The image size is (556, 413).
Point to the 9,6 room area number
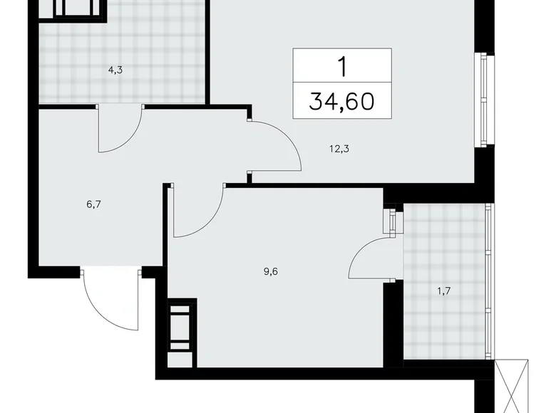271,271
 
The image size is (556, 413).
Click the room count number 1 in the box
342,66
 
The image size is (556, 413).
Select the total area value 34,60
342,101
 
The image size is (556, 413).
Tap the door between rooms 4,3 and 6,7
120,128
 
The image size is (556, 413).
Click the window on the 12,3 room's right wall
485,99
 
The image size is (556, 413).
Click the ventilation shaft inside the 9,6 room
180,326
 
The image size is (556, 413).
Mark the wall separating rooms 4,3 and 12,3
207,53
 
